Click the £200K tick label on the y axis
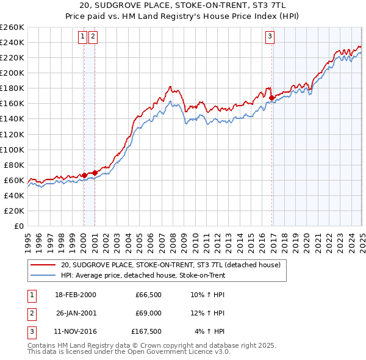tap(12, 73)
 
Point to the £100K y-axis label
tap(12, 149)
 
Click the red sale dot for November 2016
tap(271, 96)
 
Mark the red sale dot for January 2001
tap(95, 173)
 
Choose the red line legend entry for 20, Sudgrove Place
tap(170, 265)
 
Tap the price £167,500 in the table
tap(146, 333)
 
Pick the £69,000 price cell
tap(146, 314)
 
